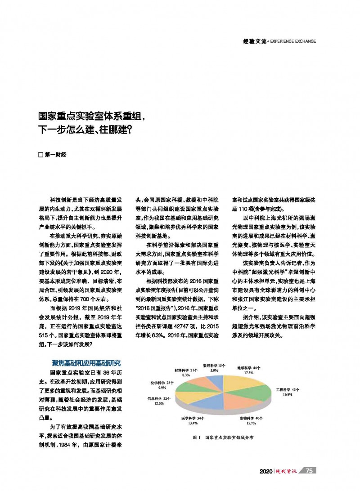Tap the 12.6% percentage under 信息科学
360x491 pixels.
click(159, 404)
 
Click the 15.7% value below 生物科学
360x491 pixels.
click(251, 423)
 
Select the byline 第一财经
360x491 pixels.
click(55, 155)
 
